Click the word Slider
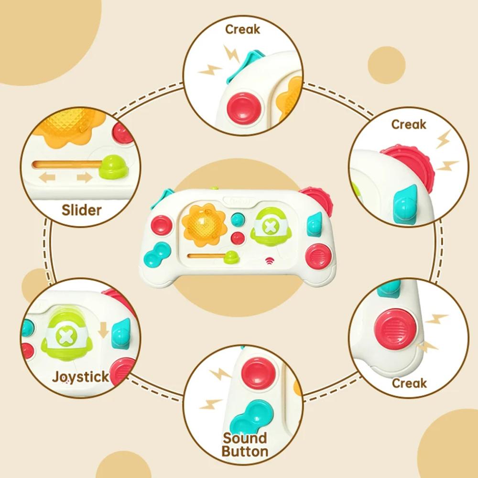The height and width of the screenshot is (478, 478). click(x=82, y=209)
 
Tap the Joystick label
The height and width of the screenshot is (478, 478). click(x=80, y=377)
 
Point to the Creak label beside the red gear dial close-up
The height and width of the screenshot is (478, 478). click(x=408, y=125)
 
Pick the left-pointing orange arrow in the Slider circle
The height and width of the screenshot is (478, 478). click(x=47, y=178)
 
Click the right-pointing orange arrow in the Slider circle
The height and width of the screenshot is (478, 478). click(x=85, y=178)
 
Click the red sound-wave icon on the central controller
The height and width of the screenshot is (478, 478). click(x=271, y=262)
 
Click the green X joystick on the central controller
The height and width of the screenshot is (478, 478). click(x=269, y=226)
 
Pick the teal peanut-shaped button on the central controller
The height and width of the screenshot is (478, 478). click(x=156, y=255)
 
